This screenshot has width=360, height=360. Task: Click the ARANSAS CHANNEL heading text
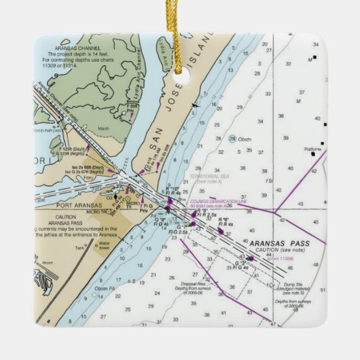[72, 50]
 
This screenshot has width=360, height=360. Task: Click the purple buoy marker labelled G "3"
[250, 258]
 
